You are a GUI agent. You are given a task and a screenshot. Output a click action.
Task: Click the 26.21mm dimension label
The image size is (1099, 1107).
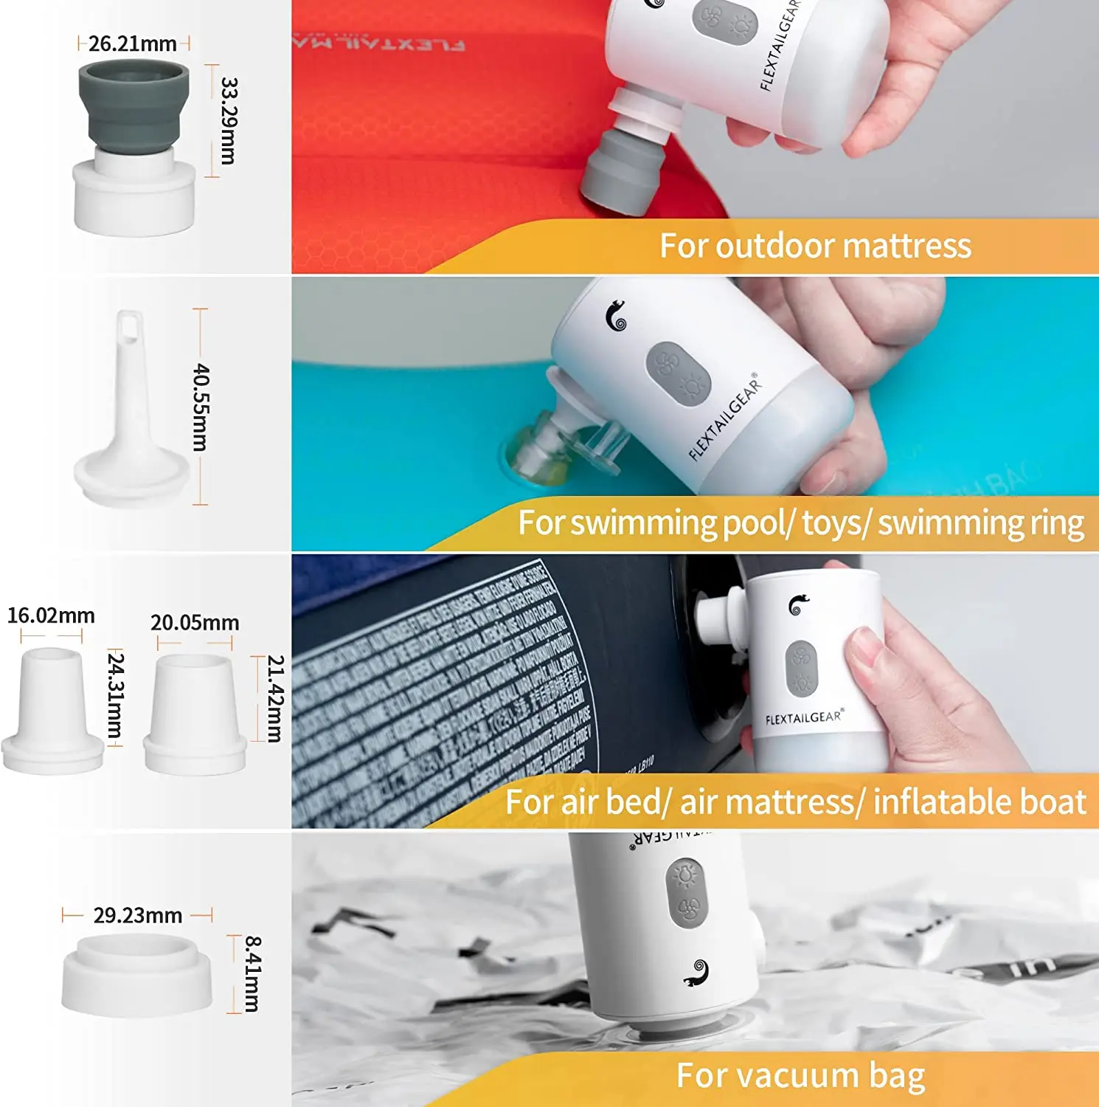pyautogui.click(x=133, y=44)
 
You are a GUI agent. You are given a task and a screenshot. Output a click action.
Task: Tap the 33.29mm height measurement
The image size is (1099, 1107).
pyautogui.click(x=229, y=120)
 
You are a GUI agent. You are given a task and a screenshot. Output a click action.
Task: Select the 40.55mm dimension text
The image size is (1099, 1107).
pyautogui.click(x=201, y=407)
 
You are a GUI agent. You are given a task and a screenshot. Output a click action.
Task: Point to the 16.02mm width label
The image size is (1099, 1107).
pyautogui.click(x=51, y=615)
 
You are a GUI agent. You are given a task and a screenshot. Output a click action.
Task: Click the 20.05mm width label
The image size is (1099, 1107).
pyautogui.click(x=195, y=623)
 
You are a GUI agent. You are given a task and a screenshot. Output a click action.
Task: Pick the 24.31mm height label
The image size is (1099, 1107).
pyautogui.click(x=116, y=694)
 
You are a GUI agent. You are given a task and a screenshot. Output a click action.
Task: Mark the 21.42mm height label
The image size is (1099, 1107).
pyautogui.click(x=275, y=698)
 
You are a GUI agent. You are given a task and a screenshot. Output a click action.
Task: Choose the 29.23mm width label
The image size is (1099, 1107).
pyautogui.click(x=138, y=916)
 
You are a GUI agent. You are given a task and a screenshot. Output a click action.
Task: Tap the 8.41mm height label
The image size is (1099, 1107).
pyautogui.click(x=252, y=973)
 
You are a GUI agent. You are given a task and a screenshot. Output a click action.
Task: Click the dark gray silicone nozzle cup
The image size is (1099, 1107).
pyautogui.click(x=134, y=103)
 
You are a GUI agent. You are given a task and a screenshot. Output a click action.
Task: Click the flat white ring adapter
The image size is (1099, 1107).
pyautogui.click(x=136, y=974)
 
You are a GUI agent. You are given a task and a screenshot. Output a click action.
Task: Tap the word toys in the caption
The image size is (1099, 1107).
pyautogui.click(x=833, y=523)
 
